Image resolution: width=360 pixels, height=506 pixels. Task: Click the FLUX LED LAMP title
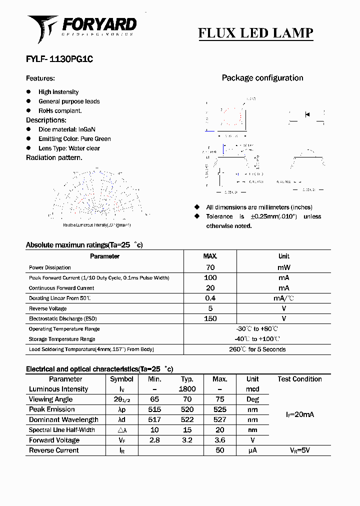pyautogui.click(x=255, y=33)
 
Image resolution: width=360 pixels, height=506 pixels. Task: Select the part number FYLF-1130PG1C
pyautogui.click(x=59, y=59)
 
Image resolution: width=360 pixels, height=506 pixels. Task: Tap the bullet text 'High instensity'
pyautogui.click(x=58, y=92)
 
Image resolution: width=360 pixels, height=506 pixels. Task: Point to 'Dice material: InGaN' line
pyautogui.click(x=67, y=129)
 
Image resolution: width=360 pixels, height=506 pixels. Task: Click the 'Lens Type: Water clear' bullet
pyautogui.click(x=69, y=148)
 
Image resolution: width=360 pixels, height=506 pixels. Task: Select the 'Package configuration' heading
pyautogui.click(x=262, y=78)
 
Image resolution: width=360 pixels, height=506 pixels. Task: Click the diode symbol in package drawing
pyautogui.click(x=307, y=115)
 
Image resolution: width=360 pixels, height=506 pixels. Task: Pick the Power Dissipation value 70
pyautogui.click(x=210, y=267)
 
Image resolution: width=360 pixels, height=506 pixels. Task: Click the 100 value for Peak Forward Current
pyautogui.click(x=210, y=277)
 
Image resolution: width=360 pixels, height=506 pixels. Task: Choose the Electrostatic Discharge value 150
pyautogui.click(x=210, y=318)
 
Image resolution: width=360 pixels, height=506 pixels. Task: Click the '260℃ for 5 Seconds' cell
pyautogui.click(x=257, y=349)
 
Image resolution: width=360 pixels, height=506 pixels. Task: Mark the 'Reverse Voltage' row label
pyautogui.click(x=48, y=308)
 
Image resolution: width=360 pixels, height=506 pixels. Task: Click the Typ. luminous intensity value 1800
pyautogui.click(x=187, y=389)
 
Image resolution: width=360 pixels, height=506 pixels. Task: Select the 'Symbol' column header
pyautogui.click(x=121, y=379)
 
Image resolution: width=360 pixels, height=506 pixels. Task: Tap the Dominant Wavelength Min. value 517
pyautogui.click(x=154, y=419)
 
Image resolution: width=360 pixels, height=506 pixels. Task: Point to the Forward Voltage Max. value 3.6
pyautogui.click(x=220, y=440)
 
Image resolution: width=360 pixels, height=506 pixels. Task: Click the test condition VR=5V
pyautogui.click(x=299, y=450)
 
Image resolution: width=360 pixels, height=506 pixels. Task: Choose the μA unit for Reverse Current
pyautogui.click(x=252, y=450)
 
